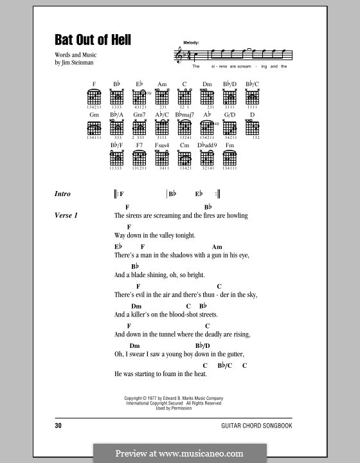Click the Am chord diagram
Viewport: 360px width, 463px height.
point(162,97)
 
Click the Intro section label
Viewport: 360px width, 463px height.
point(63,194)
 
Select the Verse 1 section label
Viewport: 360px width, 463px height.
point(67,215)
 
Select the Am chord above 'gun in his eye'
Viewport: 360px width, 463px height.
point(217,247)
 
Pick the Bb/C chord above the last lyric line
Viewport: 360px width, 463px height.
point(224,365)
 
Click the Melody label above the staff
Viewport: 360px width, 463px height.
point(191,42)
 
